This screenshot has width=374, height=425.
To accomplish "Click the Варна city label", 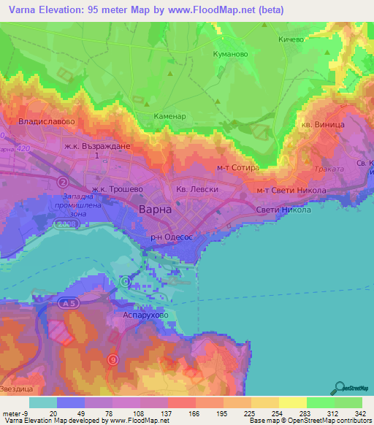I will point(155,210).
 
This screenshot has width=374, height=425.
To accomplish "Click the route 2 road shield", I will point(64,182).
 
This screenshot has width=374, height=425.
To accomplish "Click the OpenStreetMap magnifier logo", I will point(339,388).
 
